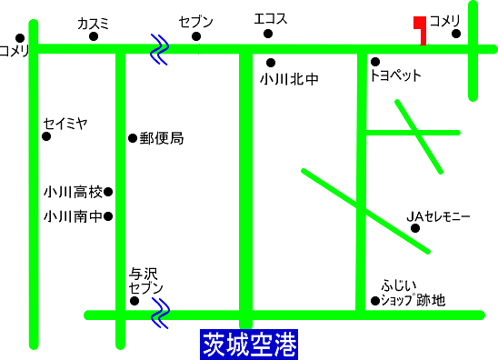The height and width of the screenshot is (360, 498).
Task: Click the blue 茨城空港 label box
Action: (x=248, y=345)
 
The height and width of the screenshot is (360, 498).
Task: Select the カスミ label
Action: (x=93, y=23)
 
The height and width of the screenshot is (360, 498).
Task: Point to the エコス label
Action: (x=269, y=17)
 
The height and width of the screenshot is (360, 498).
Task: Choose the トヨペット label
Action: (x=396, y=76)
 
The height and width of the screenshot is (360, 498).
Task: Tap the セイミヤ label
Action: (x=65, y=123)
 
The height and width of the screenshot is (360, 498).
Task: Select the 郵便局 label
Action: (x=162, y=138)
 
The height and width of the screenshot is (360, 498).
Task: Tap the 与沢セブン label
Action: (x=146, y=280)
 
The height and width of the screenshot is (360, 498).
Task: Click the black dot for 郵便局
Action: (x=133, y=138)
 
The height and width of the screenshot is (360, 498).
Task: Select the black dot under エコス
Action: (x=268, y=35)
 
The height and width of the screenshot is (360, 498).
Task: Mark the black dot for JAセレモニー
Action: (x=416, y=228)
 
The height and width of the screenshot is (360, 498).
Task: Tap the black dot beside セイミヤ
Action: (x=46, y=137)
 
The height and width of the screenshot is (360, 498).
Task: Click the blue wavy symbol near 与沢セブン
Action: (x=160, y=315)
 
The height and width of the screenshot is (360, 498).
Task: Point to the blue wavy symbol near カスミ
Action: (x=160, y=50)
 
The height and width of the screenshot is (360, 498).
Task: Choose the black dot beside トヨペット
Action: (x=374, y=62)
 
